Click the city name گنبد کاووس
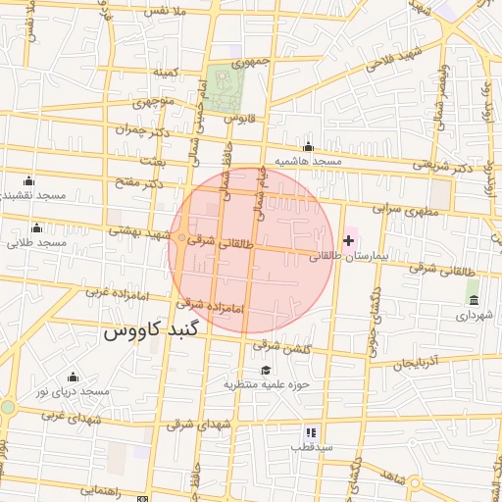(x=150, y=330)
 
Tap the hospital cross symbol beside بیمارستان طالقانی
(x=348, y=240)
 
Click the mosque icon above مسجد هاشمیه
(x=309, y=146)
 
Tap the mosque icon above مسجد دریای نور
(x=72, y=376)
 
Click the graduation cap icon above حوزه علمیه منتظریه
(x=265, y=370)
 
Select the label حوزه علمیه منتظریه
(x=266, y=384)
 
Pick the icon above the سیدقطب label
(x=311, y=431)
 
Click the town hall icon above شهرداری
(x=474, y=299)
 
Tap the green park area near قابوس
(x=225, y=88)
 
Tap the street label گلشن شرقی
(x=281, y=346)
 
